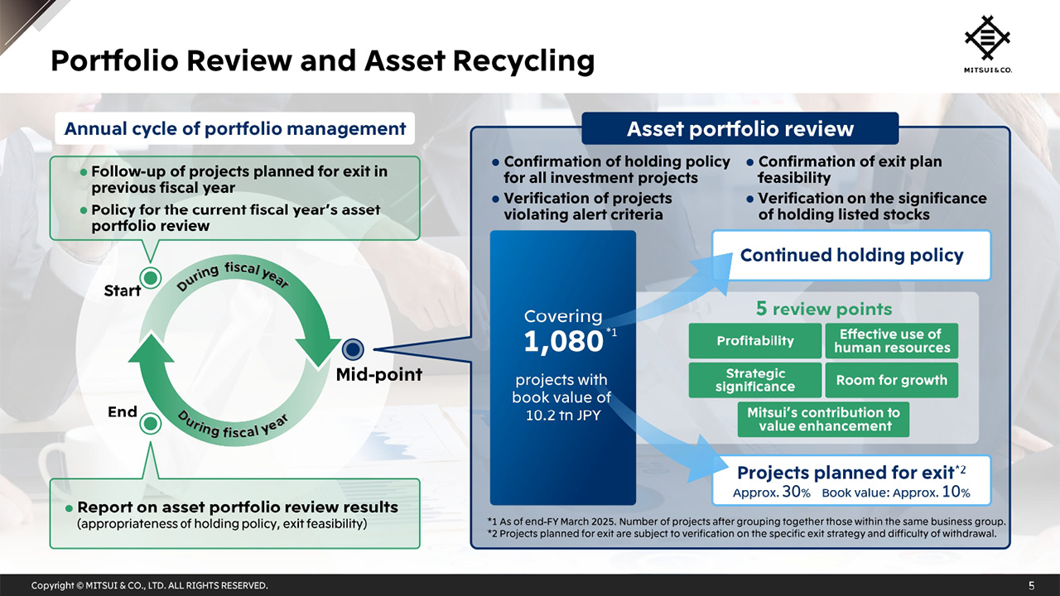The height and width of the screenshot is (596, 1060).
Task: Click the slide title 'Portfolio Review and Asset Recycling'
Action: pos(322,60)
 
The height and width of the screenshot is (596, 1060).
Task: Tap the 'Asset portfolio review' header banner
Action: pos(740,129)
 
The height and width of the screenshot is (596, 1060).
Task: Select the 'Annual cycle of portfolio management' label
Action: pos(234,128)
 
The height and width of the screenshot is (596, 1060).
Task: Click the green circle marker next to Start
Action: pos(151,277)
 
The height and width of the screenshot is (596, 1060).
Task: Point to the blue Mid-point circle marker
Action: pos(354,349)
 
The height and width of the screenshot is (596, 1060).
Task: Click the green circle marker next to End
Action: pos(150,424)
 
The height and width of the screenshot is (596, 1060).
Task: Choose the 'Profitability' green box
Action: pos(754,341)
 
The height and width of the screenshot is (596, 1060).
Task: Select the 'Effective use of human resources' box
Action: pos(891,341)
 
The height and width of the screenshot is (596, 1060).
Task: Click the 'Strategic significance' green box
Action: pos(754,380)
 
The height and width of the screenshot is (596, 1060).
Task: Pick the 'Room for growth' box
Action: pos(891,380)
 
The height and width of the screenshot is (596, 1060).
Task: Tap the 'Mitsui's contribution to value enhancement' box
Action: pos(823,420)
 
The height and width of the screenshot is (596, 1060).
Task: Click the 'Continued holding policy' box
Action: pos(851,255)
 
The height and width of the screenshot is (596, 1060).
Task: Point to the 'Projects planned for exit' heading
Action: pos(846,473)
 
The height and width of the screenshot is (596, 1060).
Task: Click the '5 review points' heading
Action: pos(823,309)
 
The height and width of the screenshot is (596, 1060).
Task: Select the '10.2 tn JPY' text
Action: pos(562,415)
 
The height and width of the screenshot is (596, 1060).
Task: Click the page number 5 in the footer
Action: pos(1031,585)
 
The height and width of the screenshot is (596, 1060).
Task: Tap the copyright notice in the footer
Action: pos(150,585)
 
